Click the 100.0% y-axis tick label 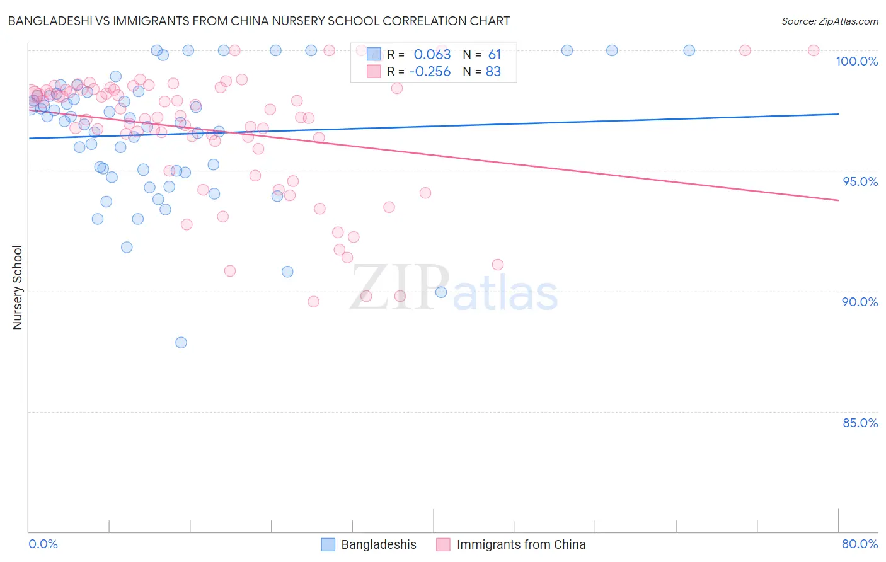856,61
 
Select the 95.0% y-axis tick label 860,181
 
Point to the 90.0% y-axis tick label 860,302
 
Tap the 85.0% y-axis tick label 860,423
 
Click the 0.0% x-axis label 43,544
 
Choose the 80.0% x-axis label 860,544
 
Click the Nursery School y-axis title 17,287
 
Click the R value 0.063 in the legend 432,55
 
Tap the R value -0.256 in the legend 430,72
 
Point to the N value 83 493,72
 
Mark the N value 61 494,55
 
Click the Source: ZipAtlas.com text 829,21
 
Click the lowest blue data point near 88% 181,343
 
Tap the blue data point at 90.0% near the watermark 441,292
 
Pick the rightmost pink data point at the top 814,50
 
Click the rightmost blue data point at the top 689,50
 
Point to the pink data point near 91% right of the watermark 498,265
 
